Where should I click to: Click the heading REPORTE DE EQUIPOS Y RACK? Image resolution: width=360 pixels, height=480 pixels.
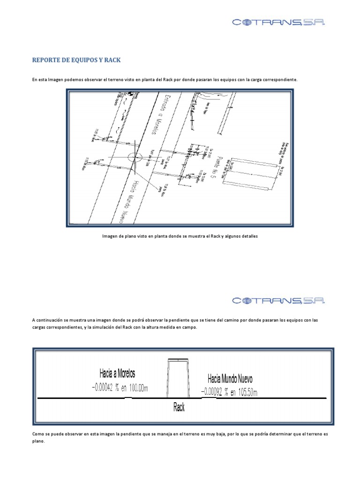tap(76, 60)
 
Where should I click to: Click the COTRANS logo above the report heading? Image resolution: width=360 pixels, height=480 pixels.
tap(278, 22)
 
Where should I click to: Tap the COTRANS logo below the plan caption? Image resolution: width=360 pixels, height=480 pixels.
tap(278, 300)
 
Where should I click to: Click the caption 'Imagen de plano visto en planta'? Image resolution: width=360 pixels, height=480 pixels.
tap(180, 237)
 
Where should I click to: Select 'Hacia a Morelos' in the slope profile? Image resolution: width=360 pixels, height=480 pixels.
tap(117, 374)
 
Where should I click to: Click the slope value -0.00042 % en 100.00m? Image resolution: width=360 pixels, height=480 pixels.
tap(120, 388)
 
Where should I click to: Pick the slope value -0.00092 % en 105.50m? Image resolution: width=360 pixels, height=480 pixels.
tap(229, 391)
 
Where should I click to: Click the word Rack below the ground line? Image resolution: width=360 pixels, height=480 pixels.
tap(179, 407)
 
